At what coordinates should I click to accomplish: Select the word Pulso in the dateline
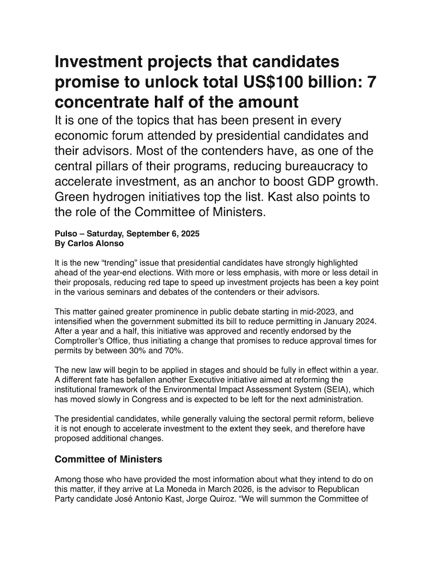pyautogui.click(x=66, y=234)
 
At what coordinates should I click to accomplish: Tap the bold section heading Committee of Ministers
pyautogui.click(x=108, y=460)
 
